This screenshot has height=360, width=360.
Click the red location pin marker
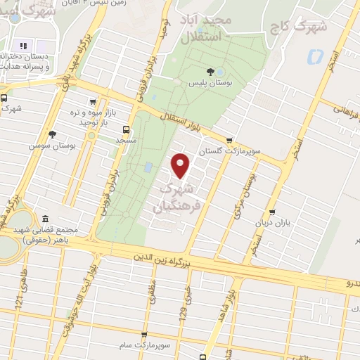(x=181, y=165)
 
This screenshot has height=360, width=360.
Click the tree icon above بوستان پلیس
(x=210, y=71)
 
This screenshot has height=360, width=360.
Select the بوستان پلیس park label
(x=210, y=84)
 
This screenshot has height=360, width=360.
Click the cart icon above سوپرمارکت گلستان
(x=229, y=139)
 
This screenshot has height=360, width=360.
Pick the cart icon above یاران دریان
(x=271, y=212)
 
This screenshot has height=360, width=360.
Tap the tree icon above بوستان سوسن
(x=51, y=134)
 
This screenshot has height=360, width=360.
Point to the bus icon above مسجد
(x=126, y=129)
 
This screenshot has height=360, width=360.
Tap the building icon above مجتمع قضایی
(x=46, y=218)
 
